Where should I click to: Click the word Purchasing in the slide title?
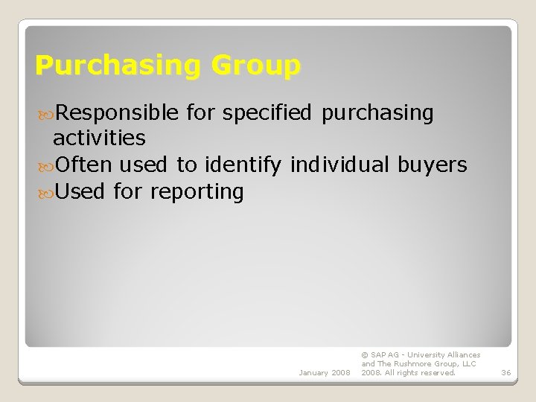click(x=118, y=66)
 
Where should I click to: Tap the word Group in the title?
click(x=256, y=66)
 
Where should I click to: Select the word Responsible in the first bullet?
click(x=117, y=113)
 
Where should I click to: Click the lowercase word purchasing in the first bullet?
click(x=377, y=113)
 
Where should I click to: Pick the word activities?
click(x=99, y=138)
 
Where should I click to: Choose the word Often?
click(x=83, y=165)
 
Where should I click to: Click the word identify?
click(x=244, y=165)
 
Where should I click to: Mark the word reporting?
click(x=197, y=191)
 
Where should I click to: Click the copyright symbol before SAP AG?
click(x=364, y=355)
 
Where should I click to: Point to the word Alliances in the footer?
click(x=464, y=355)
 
